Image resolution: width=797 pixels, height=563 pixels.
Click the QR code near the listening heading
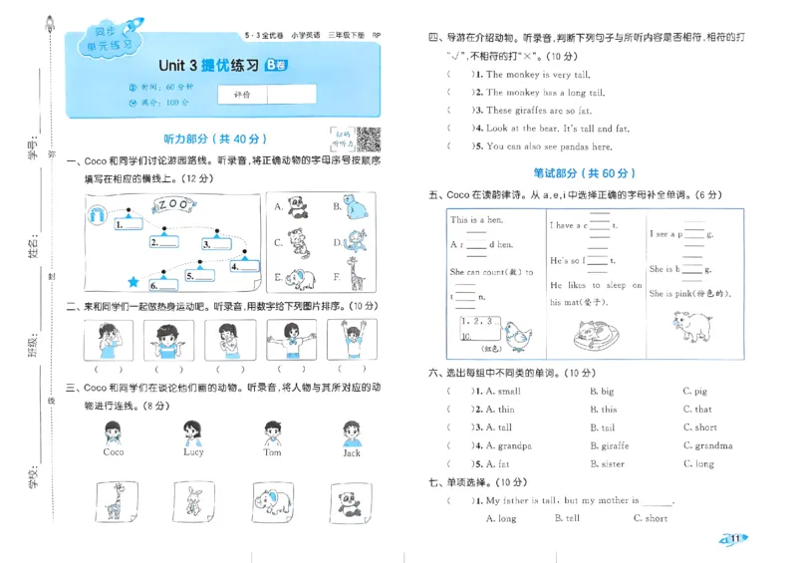coord(369,141)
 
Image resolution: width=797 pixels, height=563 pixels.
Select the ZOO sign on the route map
coord(173,204)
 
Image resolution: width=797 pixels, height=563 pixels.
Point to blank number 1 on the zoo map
coord(129,226)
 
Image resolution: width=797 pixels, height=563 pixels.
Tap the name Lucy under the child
coord(193,451)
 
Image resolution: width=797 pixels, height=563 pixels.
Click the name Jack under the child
coord(351,451)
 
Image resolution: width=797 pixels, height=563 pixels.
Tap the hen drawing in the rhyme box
coord(516,335)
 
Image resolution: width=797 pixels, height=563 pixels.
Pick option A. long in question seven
coord(500,518)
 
